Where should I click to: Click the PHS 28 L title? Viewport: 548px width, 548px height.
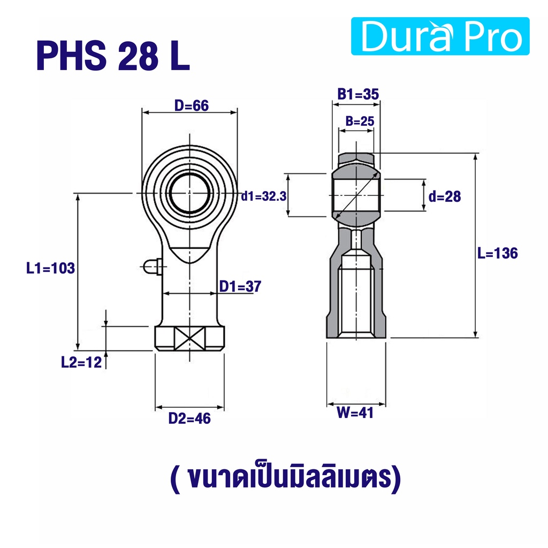[113, 56]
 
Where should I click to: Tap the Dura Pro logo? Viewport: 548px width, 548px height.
[440, 36]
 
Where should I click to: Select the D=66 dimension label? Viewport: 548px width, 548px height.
[192, 105]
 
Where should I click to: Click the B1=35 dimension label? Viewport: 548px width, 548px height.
[358, 94]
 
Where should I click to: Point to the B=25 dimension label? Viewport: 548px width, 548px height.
[360, 121]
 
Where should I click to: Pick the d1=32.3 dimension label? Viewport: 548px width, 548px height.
[264, 196]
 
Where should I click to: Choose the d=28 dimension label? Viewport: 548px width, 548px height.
[445, 197]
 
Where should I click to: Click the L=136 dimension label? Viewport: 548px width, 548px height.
[497, 253]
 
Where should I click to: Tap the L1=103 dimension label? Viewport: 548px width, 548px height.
[51, 269]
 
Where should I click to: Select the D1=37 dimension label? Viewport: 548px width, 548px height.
[240, 287]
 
